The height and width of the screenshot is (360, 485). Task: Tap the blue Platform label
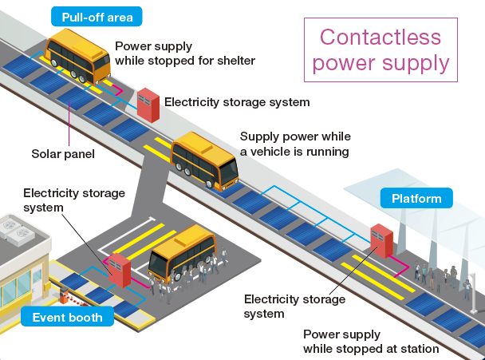pos(416,198)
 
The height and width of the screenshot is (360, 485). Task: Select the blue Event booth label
pos(68,317)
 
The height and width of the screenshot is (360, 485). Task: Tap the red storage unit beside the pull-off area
pos(148,105)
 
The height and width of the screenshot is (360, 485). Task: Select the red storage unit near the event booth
pos(120,270)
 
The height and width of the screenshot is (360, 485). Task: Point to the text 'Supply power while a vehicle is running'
pos(295,144)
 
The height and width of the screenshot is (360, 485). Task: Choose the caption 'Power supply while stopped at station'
pos(371,341)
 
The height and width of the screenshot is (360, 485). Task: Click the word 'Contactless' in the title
pos(381,37)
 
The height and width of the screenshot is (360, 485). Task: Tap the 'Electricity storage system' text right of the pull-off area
pos(237,102)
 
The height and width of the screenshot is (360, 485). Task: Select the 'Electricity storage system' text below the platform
pos(294,307)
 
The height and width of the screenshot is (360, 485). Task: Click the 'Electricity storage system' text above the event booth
pos(74,200)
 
